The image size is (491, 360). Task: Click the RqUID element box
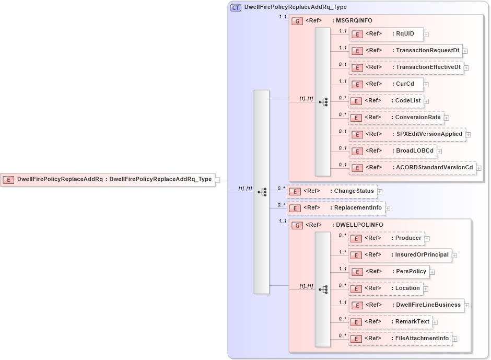point(386,34)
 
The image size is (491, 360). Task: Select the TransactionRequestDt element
point(405,51)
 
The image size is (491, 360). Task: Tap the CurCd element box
point(386,84)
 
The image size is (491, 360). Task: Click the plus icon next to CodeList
point(426,101)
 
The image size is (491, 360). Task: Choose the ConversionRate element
point(396,118)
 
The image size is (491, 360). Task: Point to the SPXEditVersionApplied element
point(407,134)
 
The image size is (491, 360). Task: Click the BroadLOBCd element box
point(392,151)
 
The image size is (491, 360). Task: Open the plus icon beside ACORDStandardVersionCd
point(478,168)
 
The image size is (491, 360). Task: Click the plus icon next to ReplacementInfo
point(388,208)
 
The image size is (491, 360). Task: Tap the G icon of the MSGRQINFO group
point(297,21)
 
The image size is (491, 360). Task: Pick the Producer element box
point(386,238)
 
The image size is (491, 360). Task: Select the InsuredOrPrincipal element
point(400,255)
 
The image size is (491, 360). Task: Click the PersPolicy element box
point(389,272)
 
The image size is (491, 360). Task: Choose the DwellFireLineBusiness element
point(406,305)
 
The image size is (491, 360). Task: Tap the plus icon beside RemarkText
point(435,322)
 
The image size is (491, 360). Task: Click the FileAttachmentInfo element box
point(400,339)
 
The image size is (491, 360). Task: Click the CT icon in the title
point(236,7)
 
